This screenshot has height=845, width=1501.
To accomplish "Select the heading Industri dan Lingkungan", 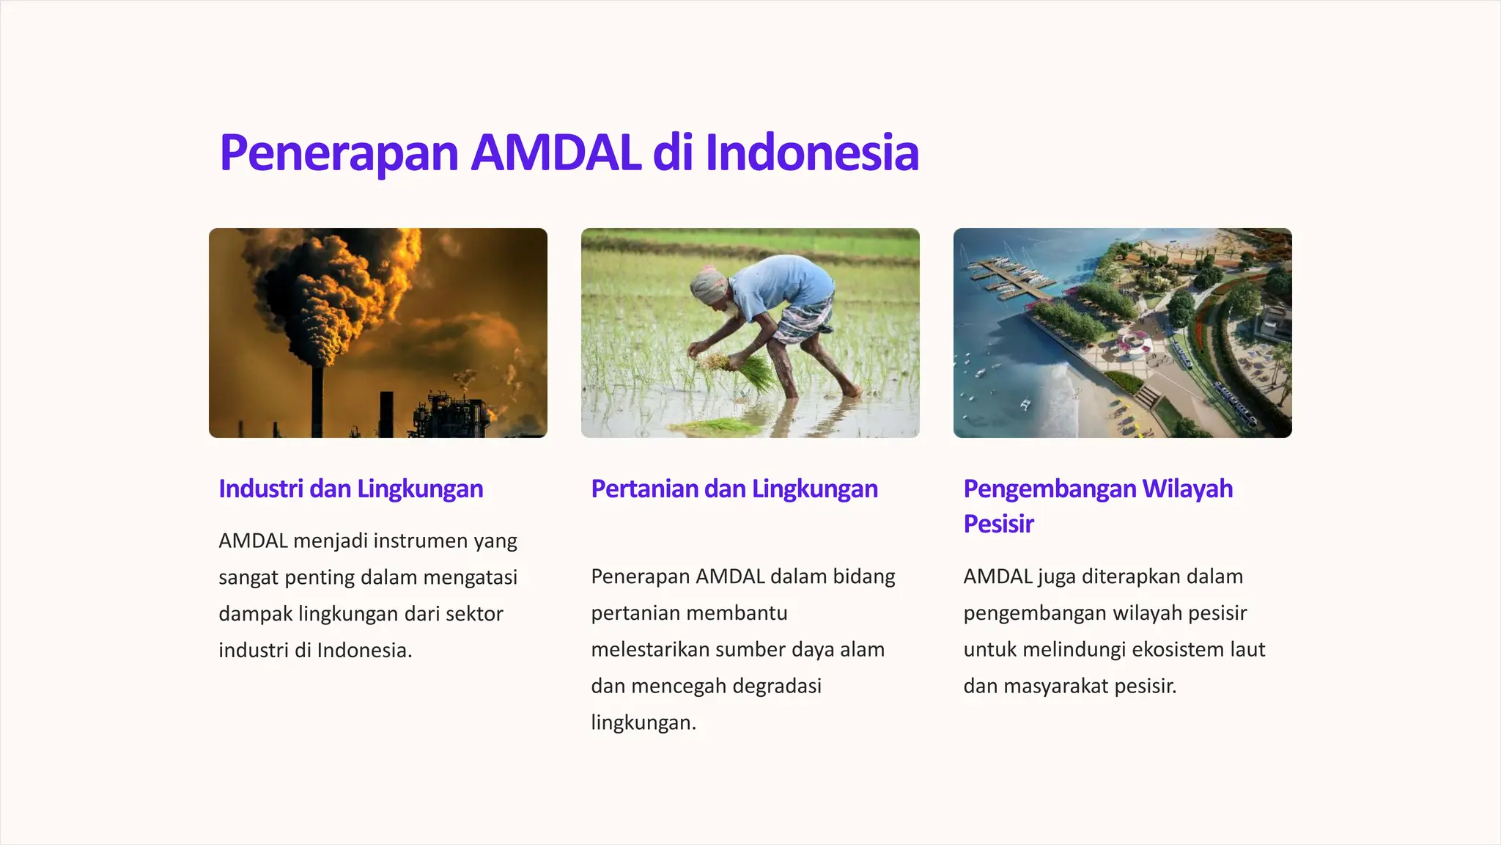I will pyautogui.click(x=350, y=489).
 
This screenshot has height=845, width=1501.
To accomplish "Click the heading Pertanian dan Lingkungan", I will pyautogui.click(x=734, y=489).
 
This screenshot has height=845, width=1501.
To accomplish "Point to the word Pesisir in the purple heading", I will pyautogui.click(x=998, y=524).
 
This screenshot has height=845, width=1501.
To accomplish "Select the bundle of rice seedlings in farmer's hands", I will pyautogui.click(x=748, y=371).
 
